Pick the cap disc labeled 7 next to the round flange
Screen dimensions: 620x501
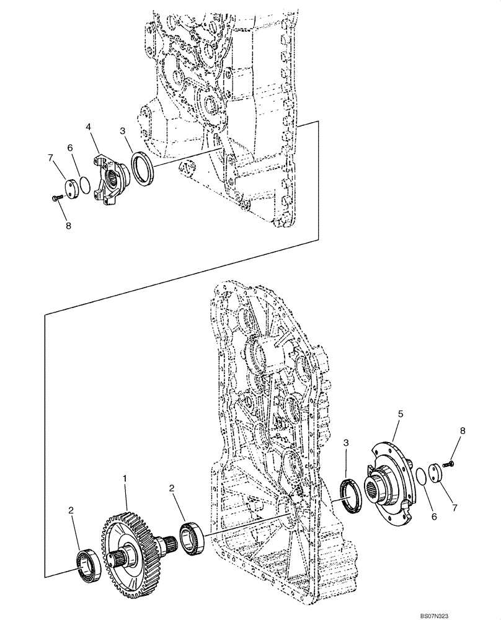click(x=437, y=473)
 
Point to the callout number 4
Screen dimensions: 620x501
click(x=89, y=126)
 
